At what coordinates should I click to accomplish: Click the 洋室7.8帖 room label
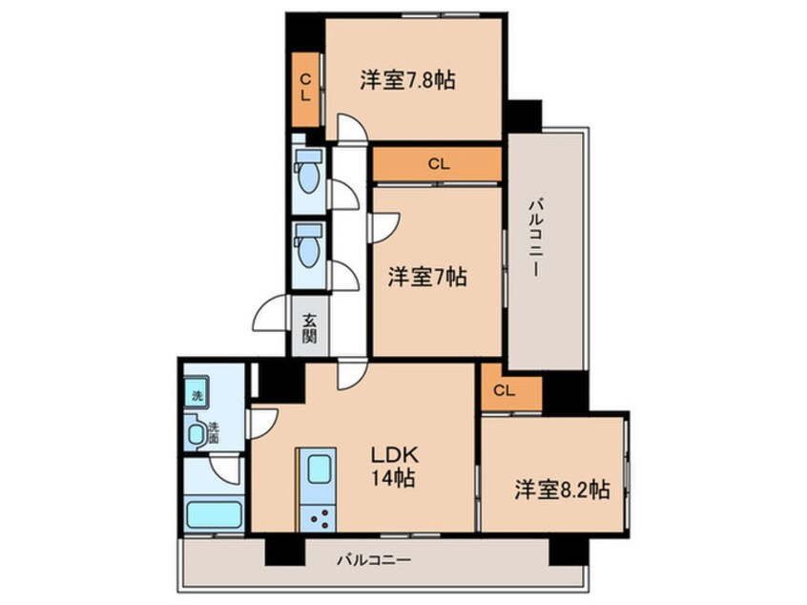pyautogui.click(x=407, y=81)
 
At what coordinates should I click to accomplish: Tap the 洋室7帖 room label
pyautogui.click(x=426, y=278)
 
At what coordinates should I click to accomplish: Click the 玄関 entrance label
pyautogui.click(x=311, y=328)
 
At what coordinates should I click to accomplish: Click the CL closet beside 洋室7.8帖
pyautogui.click(x=306, y=89)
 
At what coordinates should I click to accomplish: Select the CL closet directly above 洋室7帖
pyautogui.click(x=437, y=164)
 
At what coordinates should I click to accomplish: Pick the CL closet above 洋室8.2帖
pyautogui.click(x=505, y=390)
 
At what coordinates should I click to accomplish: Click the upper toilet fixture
pyautogui.click(x=309, y=172)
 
